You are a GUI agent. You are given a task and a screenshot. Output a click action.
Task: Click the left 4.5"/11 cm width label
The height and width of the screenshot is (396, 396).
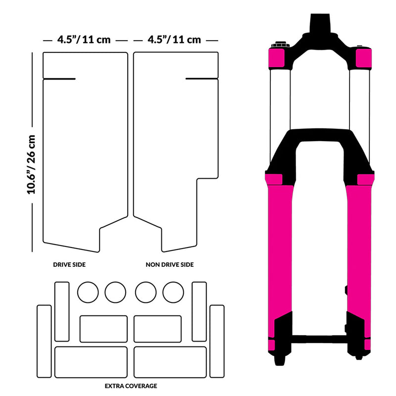coord(83,40)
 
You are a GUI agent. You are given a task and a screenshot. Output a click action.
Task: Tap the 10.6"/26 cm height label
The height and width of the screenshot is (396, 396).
coord(32,163)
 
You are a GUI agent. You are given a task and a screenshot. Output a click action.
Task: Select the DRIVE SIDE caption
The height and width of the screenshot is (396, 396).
coord(69,265)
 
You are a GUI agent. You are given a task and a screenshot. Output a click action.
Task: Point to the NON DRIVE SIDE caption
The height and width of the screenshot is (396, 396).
coord(170,265)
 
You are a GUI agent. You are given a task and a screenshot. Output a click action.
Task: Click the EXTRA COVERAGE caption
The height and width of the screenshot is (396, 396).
coord(131,385)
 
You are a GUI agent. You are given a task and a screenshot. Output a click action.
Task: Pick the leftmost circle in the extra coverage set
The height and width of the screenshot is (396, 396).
coord(89,292)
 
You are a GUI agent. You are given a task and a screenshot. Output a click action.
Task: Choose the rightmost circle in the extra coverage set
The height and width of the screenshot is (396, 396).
coord(173,292)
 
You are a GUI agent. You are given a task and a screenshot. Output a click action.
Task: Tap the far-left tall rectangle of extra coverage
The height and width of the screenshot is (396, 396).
coord(44,342)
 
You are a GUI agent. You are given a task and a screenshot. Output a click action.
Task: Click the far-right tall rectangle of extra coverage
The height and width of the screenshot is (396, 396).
coord(217,342)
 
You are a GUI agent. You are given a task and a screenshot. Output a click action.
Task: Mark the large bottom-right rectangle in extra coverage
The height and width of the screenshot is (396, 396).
coord(170,361)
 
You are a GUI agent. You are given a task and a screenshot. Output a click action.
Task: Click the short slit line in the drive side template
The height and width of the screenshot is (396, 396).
coord(59,79)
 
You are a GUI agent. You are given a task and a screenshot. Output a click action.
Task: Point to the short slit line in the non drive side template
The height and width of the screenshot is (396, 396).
coord(201,79)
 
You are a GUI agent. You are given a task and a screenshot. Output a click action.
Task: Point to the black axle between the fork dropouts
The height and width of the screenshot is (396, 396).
coord(319,340)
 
